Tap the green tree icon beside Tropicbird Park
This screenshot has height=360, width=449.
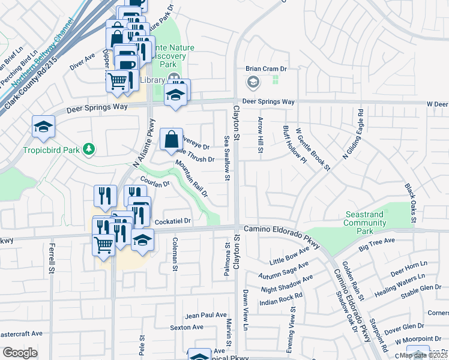(x=89, y=148)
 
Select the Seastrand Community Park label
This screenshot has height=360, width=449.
(x=365, y=223)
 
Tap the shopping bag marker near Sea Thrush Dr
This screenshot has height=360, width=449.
(x=171, y=139)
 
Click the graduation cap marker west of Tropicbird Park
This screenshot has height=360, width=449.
(x=44, y=126)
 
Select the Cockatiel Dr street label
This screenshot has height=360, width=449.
(x=172, y=221)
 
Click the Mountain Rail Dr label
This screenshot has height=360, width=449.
(x=191, y=178)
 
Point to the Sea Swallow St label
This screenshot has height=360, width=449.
(x=227, y=157)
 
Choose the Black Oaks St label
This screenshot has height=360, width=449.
(x=411, y=204)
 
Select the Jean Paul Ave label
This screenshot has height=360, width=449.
(x=206, y=315)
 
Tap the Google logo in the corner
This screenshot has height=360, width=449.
(x=20, y=353)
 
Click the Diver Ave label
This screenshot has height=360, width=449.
(x=82, y=63)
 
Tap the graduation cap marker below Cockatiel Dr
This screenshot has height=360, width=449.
(x=142, y=241)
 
